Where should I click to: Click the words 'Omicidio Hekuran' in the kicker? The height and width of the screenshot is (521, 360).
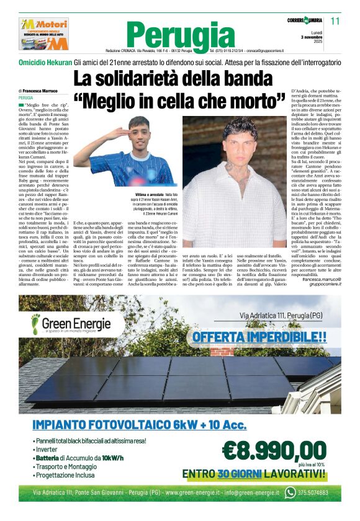point(45,63)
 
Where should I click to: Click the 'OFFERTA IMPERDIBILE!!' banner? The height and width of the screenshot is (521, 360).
point(259,337)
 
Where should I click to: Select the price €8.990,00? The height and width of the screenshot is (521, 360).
point(273,449)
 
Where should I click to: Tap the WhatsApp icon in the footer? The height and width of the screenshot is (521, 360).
point(290,493)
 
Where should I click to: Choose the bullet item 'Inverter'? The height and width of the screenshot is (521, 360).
point(47,448)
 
